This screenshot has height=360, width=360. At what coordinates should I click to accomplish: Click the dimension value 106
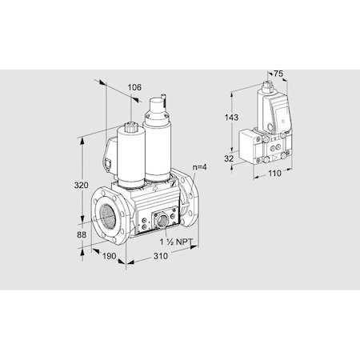click(134, 87)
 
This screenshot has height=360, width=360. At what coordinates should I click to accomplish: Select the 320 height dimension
click(81, 185)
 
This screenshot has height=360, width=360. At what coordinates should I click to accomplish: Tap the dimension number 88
click(82, 234)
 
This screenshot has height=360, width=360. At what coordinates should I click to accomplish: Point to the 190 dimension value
click(109, 256)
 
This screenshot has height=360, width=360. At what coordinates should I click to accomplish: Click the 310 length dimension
click(161, 256)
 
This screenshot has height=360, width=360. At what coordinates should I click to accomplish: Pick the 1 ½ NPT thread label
click(176, 242)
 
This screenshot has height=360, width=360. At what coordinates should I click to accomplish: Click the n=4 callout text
click(200, 167)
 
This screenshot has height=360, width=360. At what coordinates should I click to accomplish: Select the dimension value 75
click(278, 74)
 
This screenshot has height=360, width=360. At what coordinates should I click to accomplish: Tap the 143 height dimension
click(231, 118)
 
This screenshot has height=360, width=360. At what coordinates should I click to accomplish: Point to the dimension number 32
click(229, 158)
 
